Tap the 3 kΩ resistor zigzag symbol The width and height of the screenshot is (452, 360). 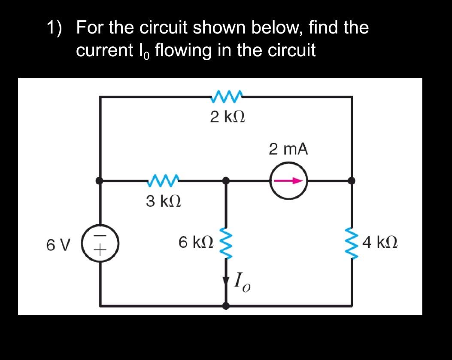pos(163,181)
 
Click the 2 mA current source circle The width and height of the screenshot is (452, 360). pos(288,181)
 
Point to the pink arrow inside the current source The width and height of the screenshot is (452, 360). pos(286,181)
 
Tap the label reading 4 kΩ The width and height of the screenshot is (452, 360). pos(380,243)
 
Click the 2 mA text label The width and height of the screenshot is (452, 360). pos(288,149)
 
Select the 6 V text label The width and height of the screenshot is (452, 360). pos(57,245)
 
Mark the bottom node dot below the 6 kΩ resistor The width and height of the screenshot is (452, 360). pos(226,305)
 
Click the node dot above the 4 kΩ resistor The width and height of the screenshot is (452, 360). pos(352,181)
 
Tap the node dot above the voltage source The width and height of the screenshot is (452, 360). pos(100,181)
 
